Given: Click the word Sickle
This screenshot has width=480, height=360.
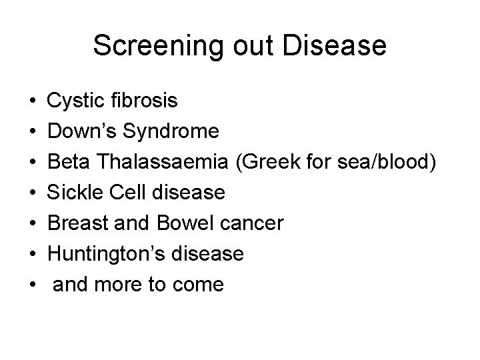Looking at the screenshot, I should click(75, 193).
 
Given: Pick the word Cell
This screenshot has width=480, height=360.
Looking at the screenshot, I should click(127, 193).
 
